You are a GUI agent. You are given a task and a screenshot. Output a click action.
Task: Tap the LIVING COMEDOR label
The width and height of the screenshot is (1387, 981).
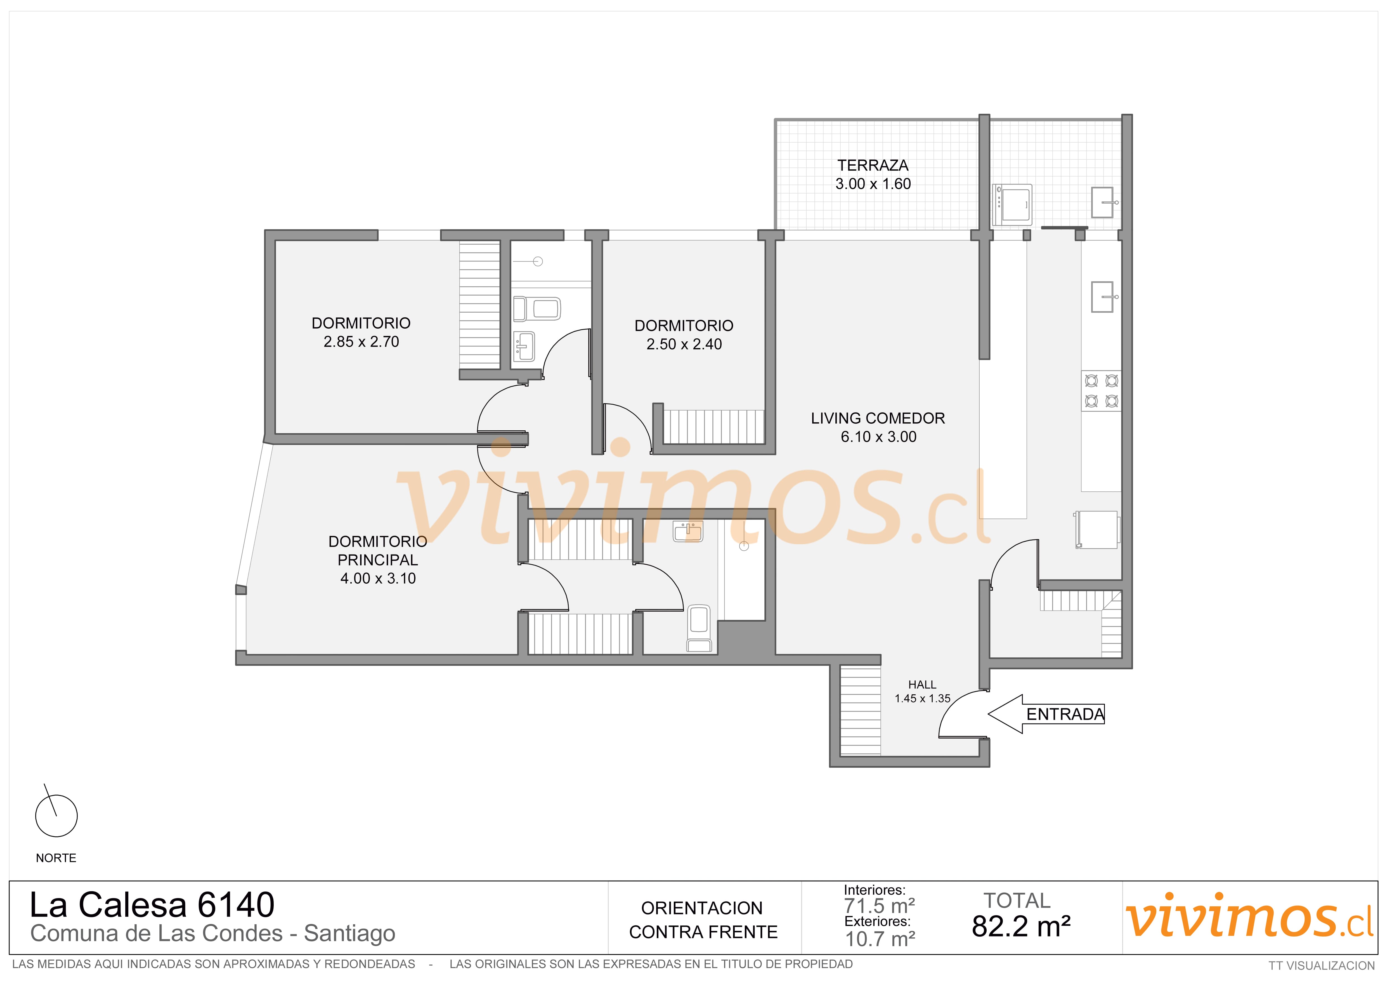tap(878, 418)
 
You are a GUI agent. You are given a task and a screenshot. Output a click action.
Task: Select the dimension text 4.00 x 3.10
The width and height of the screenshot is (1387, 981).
tap(378, 578)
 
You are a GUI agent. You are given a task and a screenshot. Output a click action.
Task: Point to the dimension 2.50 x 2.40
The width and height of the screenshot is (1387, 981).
tap(684, 344)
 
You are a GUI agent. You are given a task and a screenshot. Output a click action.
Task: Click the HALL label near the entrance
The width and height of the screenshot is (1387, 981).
tap(922, 684)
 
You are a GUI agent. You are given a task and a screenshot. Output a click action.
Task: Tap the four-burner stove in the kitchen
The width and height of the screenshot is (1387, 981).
tap(1101, 391)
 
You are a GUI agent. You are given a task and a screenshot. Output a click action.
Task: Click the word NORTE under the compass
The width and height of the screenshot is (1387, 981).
tap(56, 858)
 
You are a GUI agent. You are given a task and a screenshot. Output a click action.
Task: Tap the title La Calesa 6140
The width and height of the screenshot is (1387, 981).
tap(152, 905)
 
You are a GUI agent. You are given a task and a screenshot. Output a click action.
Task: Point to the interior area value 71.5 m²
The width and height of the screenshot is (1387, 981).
tap(880, 906)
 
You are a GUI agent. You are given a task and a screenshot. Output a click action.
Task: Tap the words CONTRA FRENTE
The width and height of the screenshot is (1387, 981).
tap(703, 932)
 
